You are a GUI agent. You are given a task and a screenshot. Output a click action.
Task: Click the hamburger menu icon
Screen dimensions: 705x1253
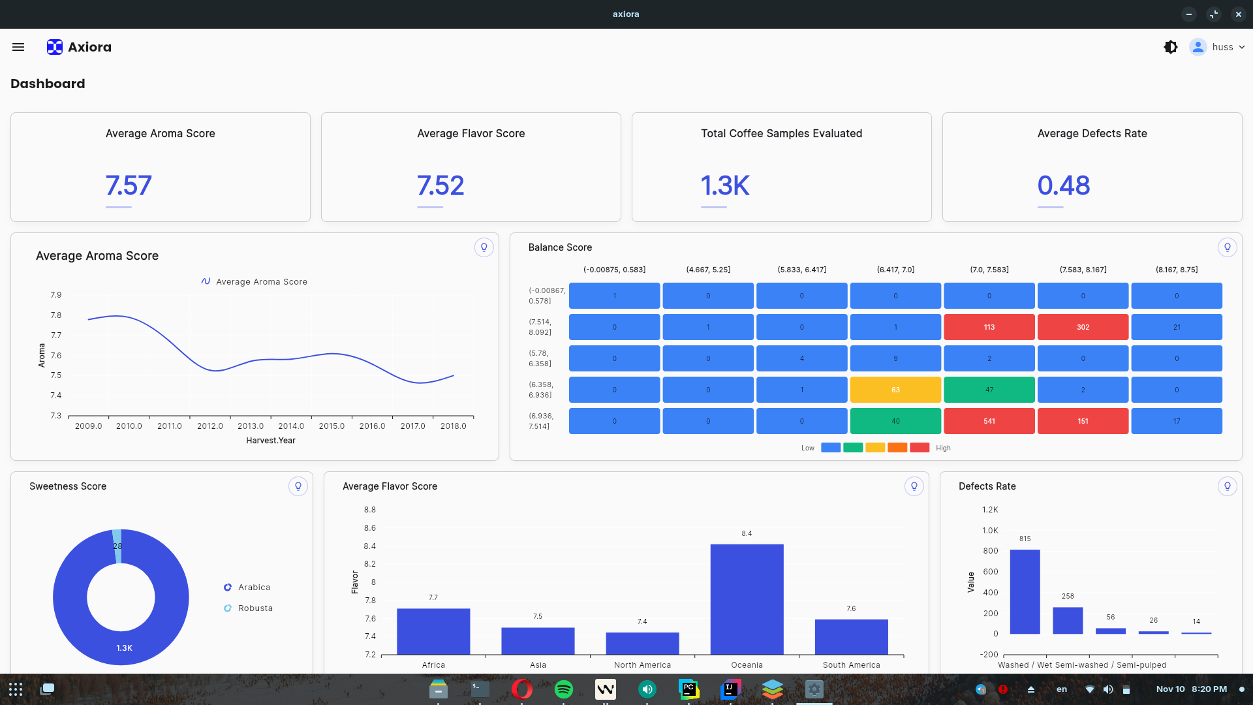[18, 47]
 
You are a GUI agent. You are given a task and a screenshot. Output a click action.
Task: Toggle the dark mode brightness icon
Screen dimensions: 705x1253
[1171, 47]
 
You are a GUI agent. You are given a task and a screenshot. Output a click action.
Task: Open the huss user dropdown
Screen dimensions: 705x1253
[1218, 47]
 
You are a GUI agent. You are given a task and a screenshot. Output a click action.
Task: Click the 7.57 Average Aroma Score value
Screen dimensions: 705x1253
[129, 185]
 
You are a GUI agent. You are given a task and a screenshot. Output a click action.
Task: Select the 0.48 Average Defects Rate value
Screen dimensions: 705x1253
[1063, 185]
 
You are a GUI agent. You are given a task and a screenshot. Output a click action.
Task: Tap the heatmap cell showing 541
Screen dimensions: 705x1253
[989, 421]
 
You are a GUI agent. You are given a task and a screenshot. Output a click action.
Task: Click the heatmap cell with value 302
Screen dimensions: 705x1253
[1083, 327]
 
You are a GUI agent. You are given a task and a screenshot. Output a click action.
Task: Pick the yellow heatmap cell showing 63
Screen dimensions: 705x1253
[895, 390]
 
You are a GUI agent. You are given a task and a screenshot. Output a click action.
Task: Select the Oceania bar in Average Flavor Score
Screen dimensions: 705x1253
[747, 599]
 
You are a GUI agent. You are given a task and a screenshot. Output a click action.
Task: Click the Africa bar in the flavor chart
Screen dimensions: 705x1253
[433, 631]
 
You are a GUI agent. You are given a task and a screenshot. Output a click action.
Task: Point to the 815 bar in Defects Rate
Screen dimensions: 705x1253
[1025, 591]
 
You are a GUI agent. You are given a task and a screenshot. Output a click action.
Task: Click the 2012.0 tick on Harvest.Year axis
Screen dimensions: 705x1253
[210, 426]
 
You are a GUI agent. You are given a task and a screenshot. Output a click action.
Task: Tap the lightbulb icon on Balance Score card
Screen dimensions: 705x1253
[1227, 247]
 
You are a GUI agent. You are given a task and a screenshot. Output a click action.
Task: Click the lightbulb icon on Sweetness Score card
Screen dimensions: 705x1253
[298, 486]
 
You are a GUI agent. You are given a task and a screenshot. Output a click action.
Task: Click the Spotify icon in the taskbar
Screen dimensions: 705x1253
[563, 689]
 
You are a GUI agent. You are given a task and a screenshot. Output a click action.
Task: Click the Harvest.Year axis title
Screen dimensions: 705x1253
[271, 441]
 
